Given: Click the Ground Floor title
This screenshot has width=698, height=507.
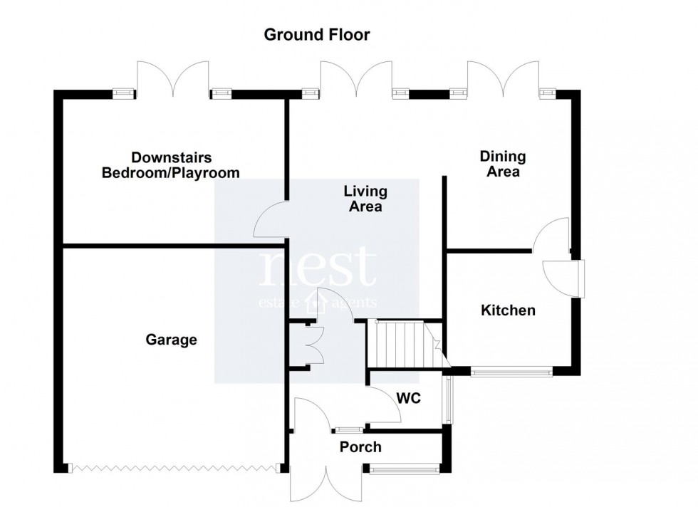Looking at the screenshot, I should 317,35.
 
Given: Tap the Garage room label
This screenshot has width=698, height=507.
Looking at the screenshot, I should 171,340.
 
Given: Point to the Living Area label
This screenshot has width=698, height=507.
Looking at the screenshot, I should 365,199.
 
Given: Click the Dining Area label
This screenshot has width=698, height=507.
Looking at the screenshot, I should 503,164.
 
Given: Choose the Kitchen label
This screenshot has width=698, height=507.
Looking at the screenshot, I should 508,310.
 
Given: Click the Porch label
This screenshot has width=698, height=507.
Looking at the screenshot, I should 360,447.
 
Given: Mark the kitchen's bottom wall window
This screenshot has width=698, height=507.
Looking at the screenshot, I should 511,370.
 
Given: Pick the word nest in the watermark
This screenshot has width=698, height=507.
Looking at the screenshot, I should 317,267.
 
